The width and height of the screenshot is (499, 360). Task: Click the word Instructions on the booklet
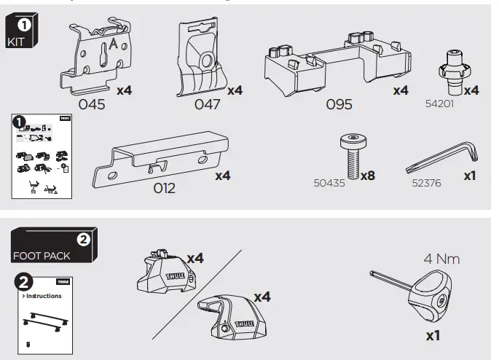[44, 297]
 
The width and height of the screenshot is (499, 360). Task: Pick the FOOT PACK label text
[42, 257]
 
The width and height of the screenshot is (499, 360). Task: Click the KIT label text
[15, 42]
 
